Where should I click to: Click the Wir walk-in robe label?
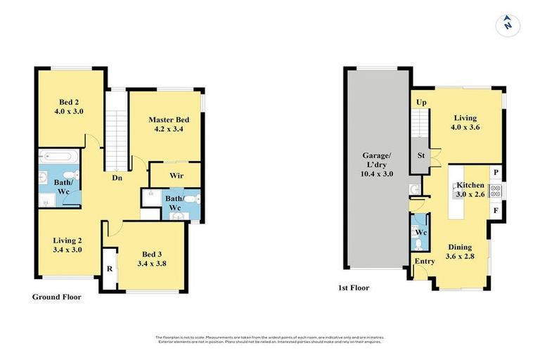[x=176, y=175]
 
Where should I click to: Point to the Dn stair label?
[x=117, y=178]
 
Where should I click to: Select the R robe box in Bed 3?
[x=110, y=269]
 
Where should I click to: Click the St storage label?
[x=421, y=155]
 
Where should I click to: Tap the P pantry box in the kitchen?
[x=496, y=172]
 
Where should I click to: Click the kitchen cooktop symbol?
[x=494, y=190]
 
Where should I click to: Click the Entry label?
[x=425, y=262]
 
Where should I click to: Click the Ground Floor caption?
[x=56, y=297]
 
